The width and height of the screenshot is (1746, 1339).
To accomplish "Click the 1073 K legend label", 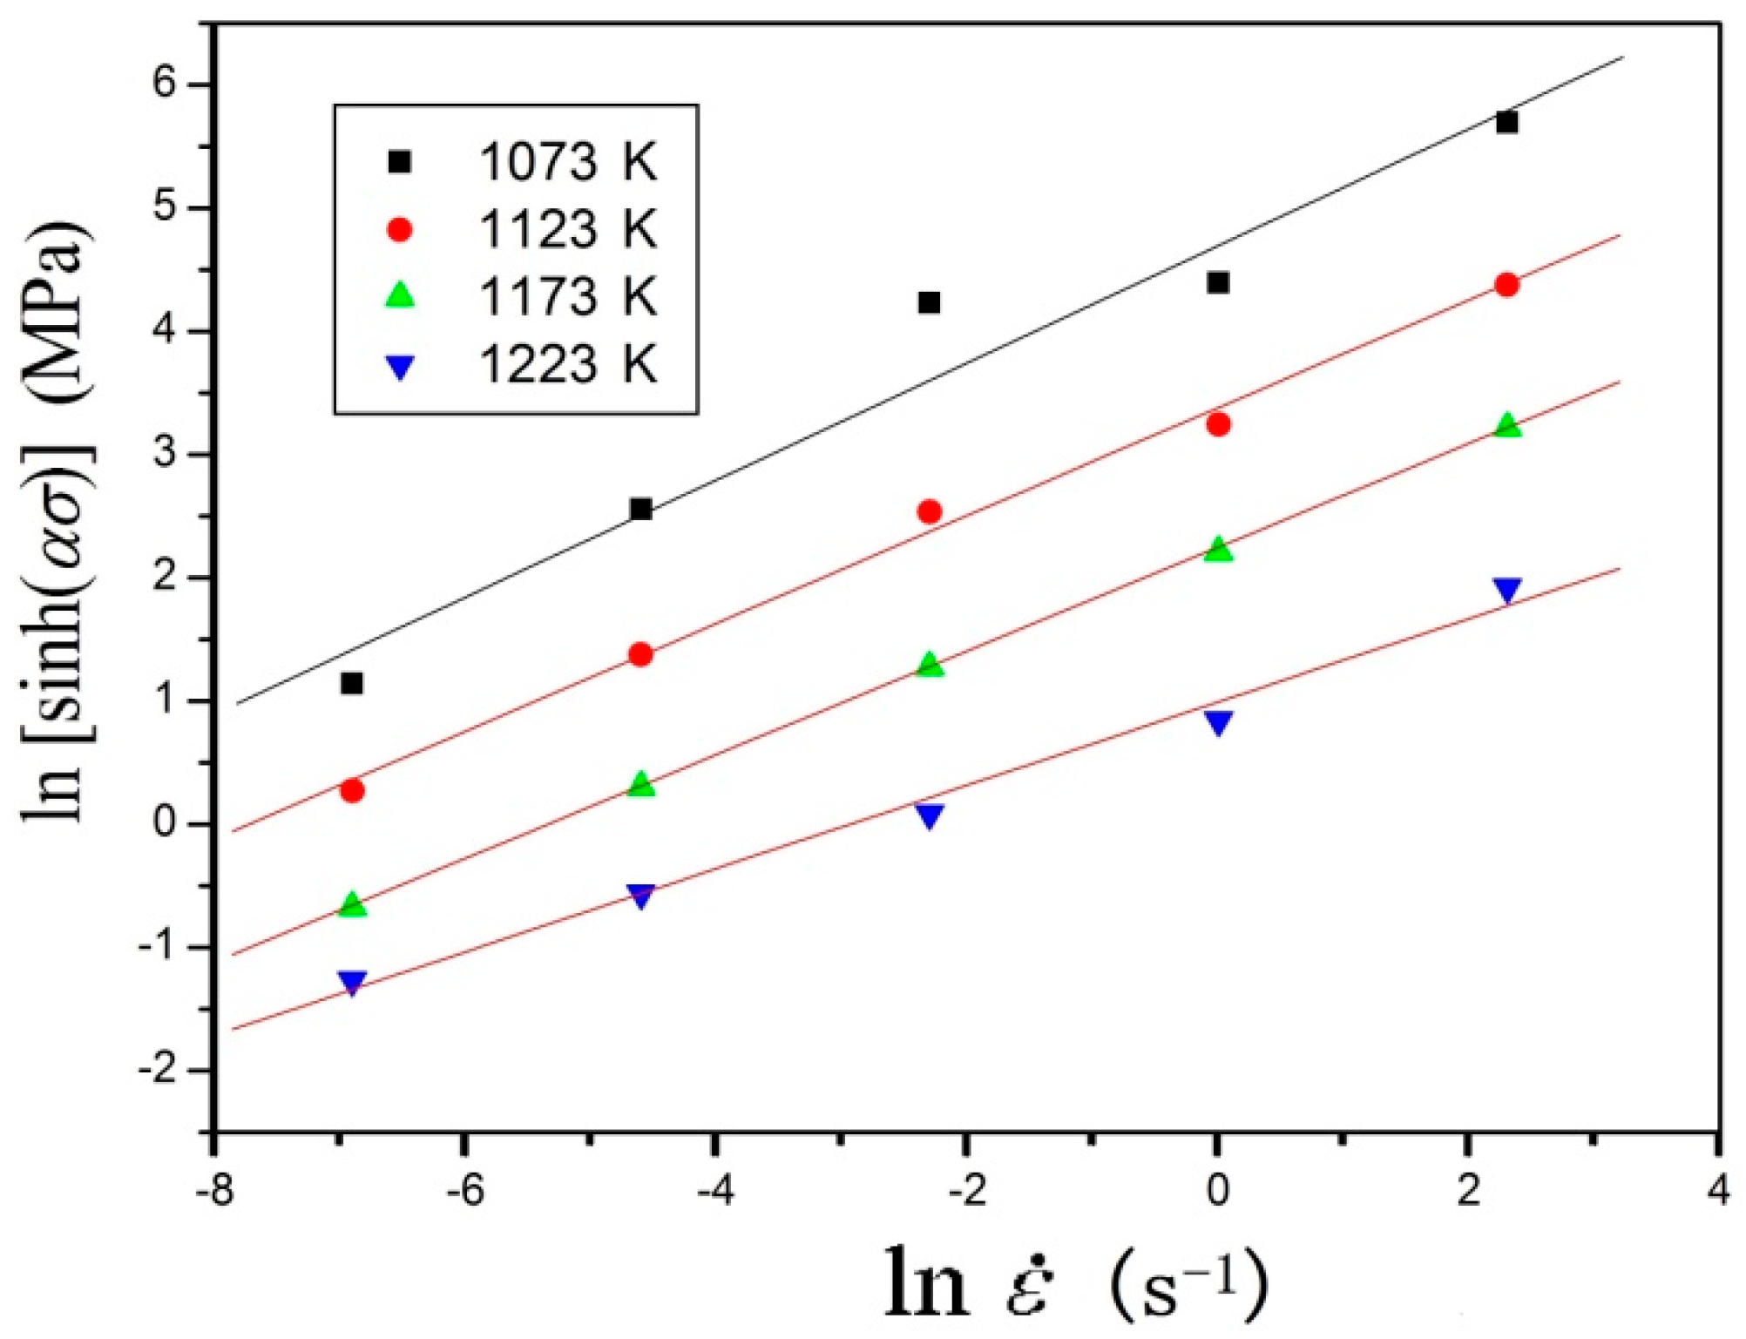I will point(567,162).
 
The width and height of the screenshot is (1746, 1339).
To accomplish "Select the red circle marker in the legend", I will point(399,229).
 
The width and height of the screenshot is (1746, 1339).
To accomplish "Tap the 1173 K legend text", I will point(567,296).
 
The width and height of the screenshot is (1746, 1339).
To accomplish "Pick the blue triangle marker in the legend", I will point(399,367).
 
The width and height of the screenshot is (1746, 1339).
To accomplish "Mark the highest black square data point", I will point(1506,122).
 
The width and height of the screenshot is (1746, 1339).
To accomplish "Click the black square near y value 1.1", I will point(351,683).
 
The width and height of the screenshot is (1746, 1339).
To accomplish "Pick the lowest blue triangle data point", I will point(351,983).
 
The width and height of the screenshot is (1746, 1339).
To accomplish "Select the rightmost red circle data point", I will point(1506,285).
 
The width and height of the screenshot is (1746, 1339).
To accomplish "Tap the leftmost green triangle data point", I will point(351,904).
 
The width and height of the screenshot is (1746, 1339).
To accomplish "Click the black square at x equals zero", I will point(1218,282).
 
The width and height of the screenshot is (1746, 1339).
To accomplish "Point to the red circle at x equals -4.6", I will point(640,654).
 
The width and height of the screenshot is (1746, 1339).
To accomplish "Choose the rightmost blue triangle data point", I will point(1506,590).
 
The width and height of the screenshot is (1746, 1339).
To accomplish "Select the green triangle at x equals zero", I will point(1218,550).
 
